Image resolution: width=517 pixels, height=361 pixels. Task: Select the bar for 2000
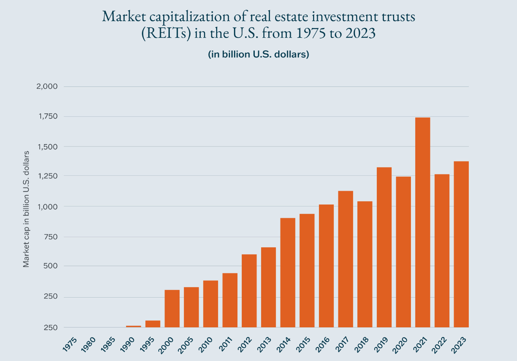(x=172, y=308)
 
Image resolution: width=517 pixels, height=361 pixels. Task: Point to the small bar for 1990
(x=133, y=326)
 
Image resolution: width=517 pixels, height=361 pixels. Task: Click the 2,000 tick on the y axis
(x=46, y=87)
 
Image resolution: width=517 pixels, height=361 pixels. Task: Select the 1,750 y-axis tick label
(x=48, y=117)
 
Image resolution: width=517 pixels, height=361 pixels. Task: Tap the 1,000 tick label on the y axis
(x=48, y=207)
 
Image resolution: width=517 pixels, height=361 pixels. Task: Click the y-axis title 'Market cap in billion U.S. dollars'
(x=26, y=209)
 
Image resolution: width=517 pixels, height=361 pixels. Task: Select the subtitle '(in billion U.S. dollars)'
(x=258, y=55)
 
